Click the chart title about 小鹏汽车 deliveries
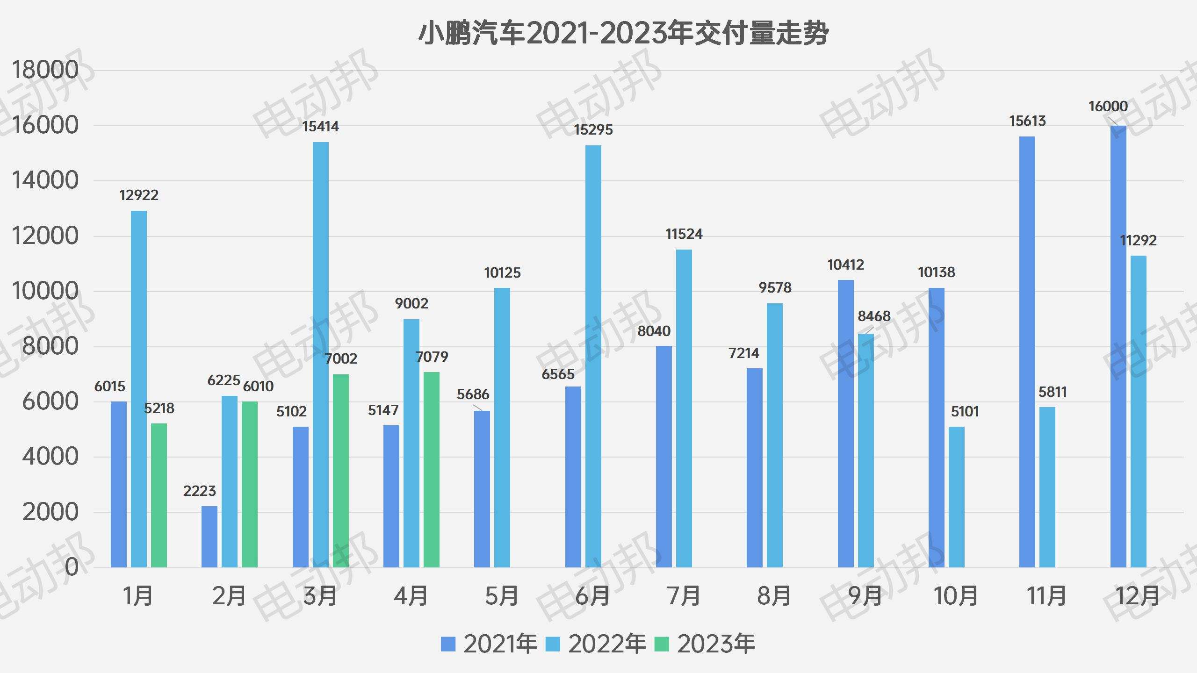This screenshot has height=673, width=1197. point(623,34)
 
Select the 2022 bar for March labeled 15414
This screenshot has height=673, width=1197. point(321,355)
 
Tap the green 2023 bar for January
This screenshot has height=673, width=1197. point(159,495)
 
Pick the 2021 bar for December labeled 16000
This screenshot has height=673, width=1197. point(1118,346)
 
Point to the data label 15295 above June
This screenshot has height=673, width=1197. point(593,130)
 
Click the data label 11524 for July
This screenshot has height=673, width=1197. point(684,234)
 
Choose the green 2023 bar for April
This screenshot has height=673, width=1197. point(432,470)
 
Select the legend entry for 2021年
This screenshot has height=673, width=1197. point(489,644)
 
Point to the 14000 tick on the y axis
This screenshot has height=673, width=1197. point(45,181)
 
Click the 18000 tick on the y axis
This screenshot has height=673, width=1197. point(45,71)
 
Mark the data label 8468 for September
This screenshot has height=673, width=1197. point(873,316)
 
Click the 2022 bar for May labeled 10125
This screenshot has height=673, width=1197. point(502,428)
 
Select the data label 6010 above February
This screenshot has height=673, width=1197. point(258,387)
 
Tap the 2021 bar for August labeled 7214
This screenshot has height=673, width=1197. point(755,467)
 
